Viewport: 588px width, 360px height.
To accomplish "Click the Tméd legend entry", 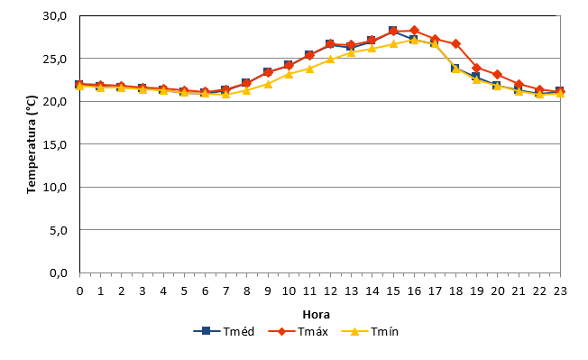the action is pos(224,331).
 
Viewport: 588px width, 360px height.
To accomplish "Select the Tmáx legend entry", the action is pos(299,331).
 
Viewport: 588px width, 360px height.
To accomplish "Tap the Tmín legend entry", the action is pos(370,331).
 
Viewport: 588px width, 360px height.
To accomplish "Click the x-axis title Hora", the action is pos(317,315).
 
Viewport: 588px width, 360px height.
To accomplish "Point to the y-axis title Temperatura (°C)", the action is pos(32,144).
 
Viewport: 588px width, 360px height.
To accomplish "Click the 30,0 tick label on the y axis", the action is pos(55,16).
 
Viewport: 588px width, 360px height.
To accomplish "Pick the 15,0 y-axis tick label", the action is pos(55,144).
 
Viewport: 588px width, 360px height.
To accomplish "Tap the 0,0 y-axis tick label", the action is pos(58,273).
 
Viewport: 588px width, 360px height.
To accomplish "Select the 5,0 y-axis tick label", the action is pos(58,230).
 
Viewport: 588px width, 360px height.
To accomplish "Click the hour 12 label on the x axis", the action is pos(330,291).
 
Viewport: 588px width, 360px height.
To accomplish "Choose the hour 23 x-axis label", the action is pos(560,291).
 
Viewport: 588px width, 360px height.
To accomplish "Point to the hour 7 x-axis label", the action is pos(225,291).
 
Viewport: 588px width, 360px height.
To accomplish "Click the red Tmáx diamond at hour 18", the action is pos(456,44).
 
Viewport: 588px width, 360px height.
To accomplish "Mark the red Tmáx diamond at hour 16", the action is pos(414,30).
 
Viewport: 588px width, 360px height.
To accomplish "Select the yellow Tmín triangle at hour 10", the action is pos(289,74).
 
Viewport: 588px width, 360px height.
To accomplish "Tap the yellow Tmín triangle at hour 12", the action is pos(330,59).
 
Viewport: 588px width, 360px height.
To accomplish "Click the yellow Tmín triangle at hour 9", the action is pos(268,84).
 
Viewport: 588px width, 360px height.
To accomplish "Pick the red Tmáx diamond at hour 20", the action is pos(498,74).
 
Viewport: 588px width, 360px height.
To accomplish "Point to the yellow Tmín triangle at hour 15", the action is pos(393,44).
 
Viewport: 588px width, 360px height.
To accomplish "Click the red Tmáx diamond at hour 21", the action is pos(519,84).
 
